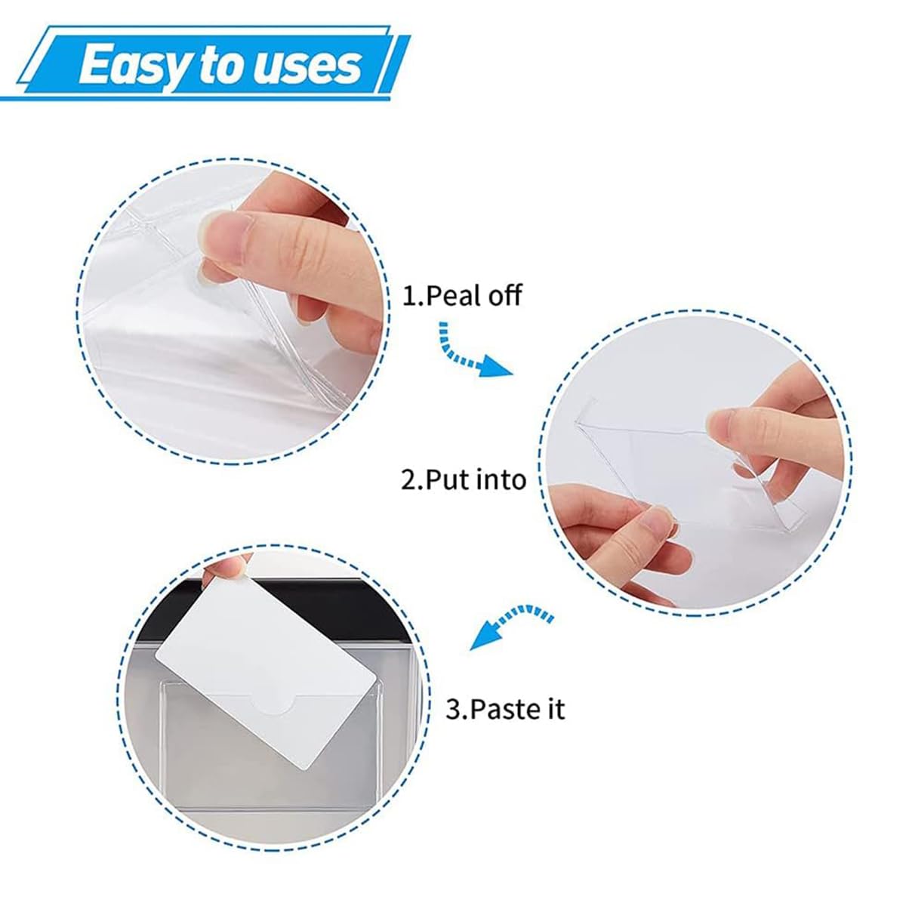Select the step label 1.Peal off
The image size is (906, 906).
coord(462,296)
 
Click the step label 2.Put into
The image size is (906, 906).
coord(464,480)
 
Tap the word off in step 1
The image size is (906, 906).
coord(504,296)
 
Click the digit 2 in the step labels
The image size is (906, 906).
coord(409,480)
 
